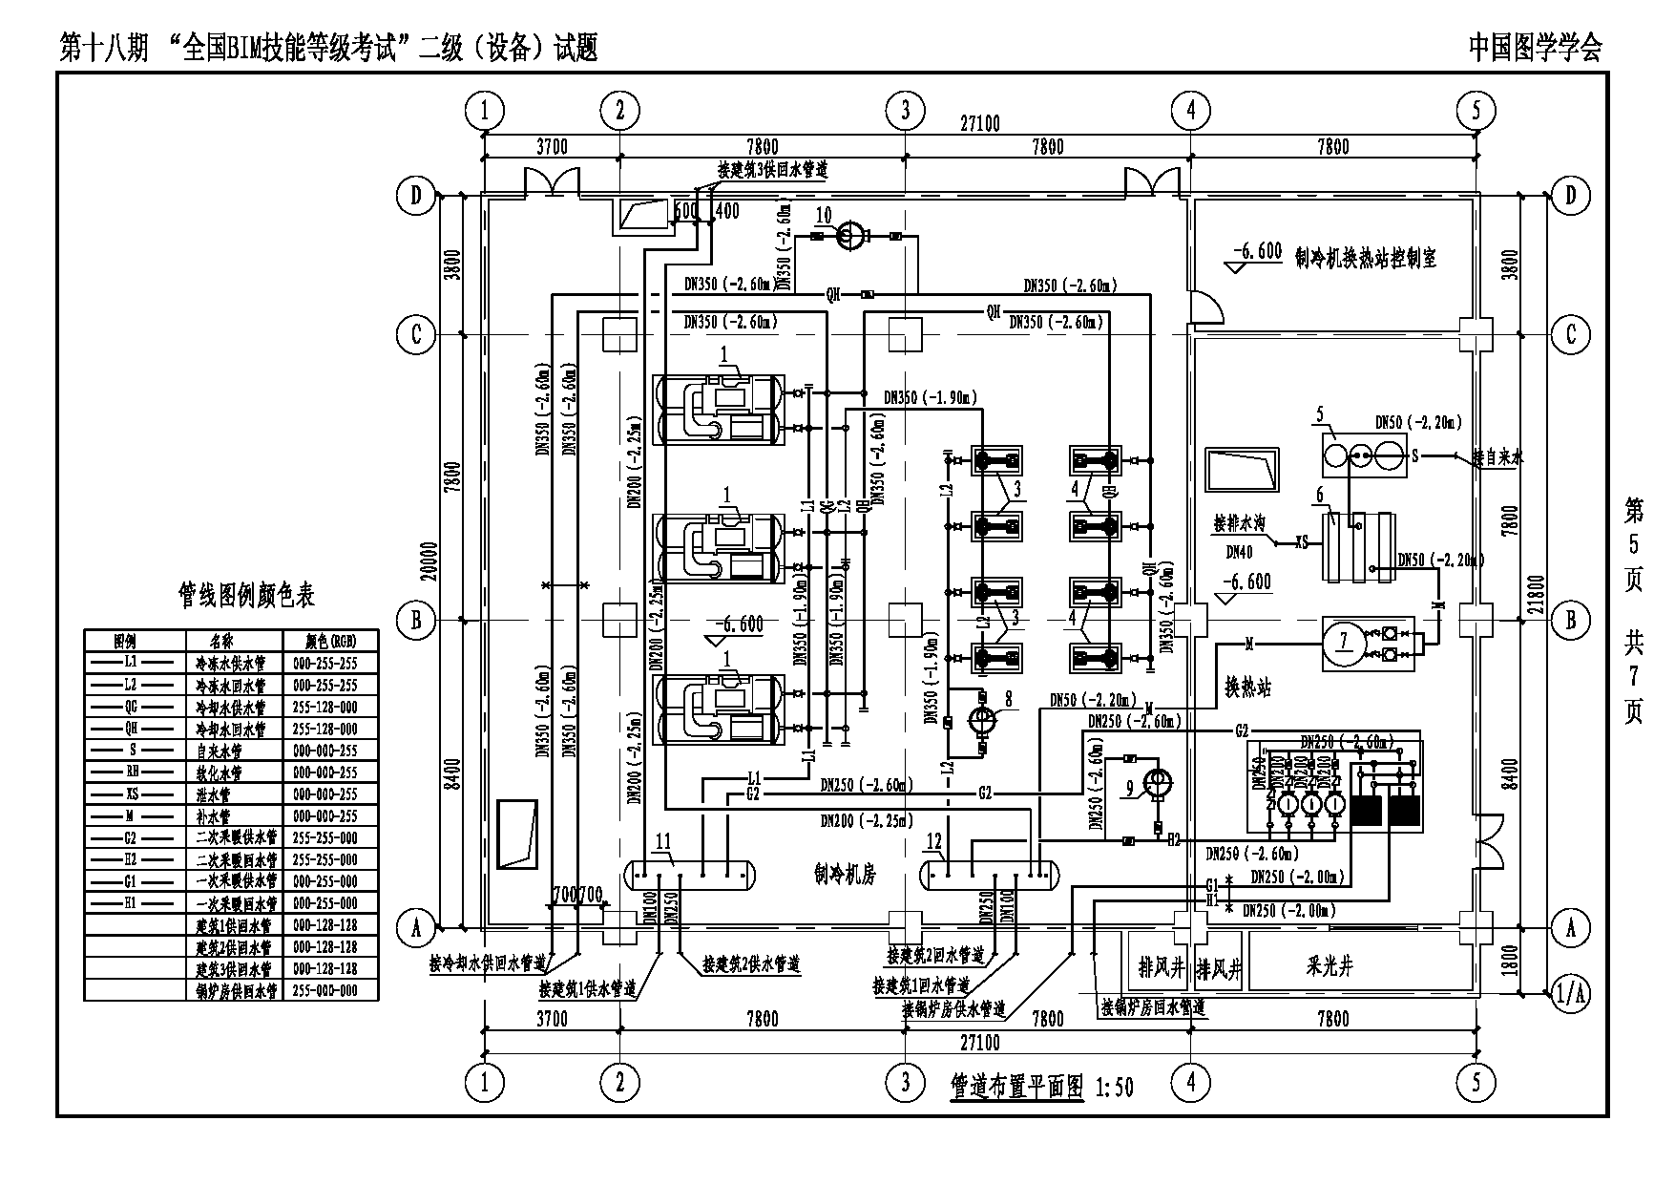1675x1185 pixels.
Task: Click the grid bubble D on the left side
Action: [x=416, y=196]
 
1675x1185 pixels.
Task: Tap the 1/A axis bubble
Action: [x=1570, y=993]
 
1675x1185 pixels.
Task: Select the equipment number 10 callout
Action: [x=824, y=216]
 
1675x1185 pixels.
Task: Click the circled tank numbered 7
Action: [x=1344, y=641]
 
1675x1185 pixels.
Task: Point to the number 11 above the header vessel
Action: [x=663, y=841]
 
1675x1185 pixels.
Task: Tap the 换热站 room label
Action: [x=1248, y=688]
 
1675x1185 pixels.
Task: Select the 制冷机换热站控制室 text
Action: [x=1365, y=258]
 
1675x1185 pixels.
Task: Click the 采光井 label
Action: [x=1330, y=967]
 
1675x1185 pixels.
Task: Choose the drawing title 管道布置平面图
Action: [x=1016, y=1087]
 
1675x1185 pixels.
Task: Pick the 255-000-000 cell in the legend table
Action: [x=325, y=990]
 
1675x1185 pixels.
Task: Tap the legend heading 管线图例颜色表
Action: [x=246, y=596]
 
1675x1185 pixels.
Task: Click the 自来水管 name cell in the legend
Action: [x=219, y=751]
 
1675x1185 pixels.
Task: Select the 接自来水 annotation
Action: [x=1497, y=458]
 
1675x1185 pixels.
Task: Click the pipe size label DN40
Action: [x=1239, y=552]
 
